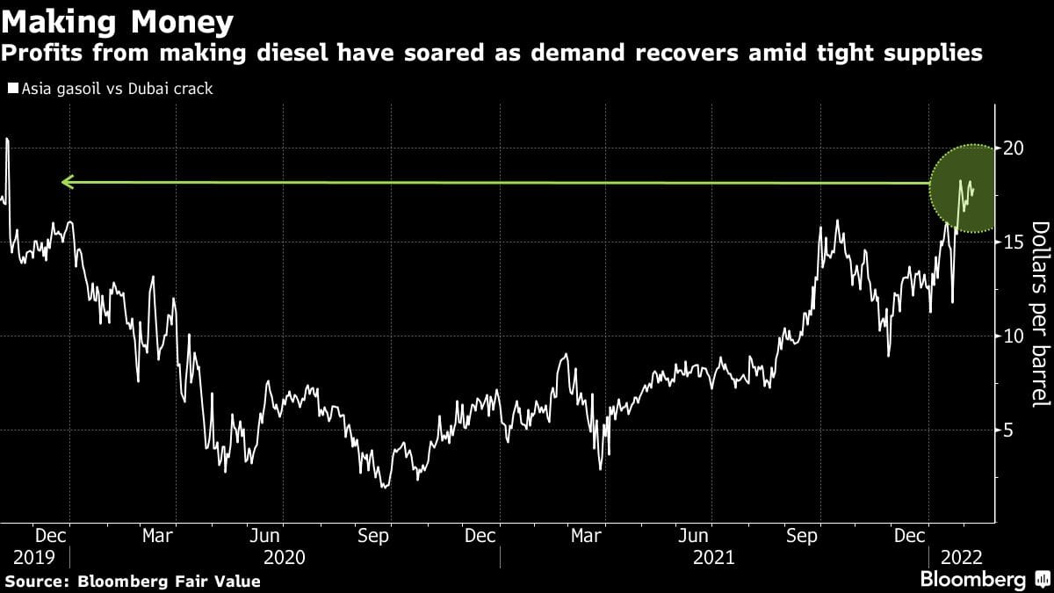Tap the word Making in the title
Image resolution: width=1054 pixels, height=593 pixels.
point(61,21)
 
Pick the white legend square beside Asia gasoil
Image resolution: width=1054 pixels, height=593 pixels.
point(13,89)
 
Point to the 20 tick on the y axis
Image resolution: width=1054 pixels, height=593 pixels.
point(1013,148)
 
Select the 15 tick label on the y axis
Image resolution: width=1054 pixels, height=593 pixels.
point(1013,242)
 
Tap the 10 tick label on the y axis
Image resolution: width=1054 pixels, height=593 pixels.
point(1013,336)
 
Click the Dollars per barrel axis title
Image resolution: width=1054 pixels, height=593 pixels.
point(1040,314)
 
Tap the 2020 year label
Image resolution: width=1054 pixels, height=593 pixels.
point(284,557)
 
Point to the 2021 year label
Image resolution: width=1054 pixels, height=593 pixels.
point(715,557)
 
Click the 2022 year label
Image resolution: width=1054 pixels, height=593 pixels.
point(962,557)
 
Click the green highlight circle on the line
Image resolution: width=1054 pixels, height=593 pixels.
point(964,187)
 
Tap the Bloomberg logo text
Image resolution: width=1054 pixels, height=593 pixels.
point(972,580)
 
